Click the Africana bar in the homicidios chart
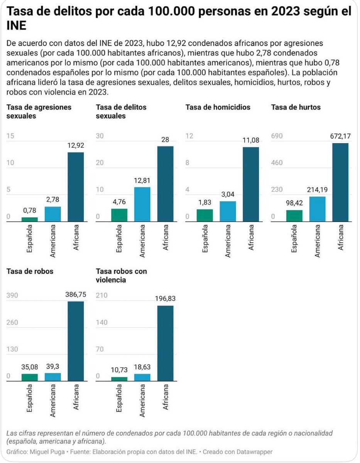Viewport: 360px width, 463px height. coord(251,184)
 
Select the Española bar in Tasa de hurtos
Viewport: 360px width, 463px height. coord(294,216)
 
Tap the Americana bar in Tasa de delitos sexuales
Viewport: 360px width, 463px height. coord(142,204)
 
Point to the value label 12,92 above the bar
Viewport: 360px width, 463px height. coord(76,145)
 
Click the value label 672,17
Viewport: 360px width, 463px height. coord(340,136)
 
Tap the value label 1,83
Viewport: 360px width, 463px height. coord(205,203)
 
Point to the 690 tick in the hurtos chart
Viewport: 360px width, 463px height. coord(277,136)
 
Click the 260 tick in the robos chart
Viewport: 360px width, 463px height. coord(13,323)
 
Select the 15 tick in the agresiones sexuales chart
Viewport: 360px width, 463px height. coord(10,136)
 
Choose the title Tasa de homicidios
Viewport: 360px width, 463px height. coord(218,107)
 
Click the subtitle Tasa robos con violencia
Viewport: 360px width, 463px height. coord(121,275)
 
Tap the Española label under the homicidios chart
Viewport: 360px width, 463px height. coord(205,240)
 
